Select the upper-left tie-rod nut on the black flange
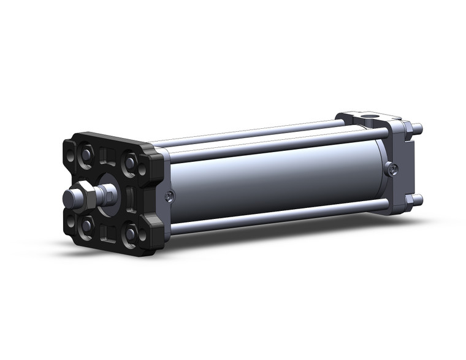pos(86,153)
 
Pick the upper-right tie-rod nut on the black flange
pos(131,163)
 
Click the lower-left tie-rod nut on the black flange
pos(86,225)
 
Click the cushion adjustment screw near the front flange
pos(169,196)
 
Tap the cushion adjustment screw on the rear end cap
pos(391,169)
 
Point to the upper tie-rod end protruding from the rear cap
pos(418,129)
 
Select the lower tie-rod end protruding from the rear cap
pos(418,199)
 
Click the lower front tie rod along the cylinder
pos(276,214)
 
